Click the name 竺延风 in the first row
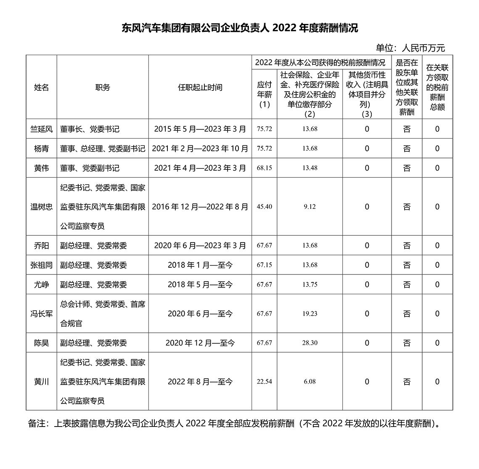pos(41,129)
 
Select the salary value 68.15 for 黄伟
pos(264,168)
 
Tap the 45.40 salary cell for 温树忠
pos(264,207)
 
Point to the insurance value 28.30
pos(310,343)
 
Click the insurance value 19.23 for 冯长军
pos(310,314)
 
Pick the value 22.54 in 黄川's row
pos(264,382)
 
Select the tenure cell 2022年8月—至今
pos(200,382)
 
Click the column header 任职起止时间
pos(200,87)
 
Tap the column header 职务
pos(103,87)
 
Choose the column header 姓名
pos(41,87)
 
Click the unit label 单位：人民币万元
pos(410,48)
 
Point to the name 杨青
pos(41,148)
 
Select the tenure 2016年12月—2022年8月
pos(200,207)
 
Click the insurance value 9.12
pos(310,207)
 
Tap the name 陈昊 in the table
pos(41,343)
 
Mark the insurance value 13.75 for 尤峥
pos(310,285)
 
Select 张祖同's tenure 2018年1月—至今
pos(200,265)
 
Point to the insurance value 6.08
pos(310,382)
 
